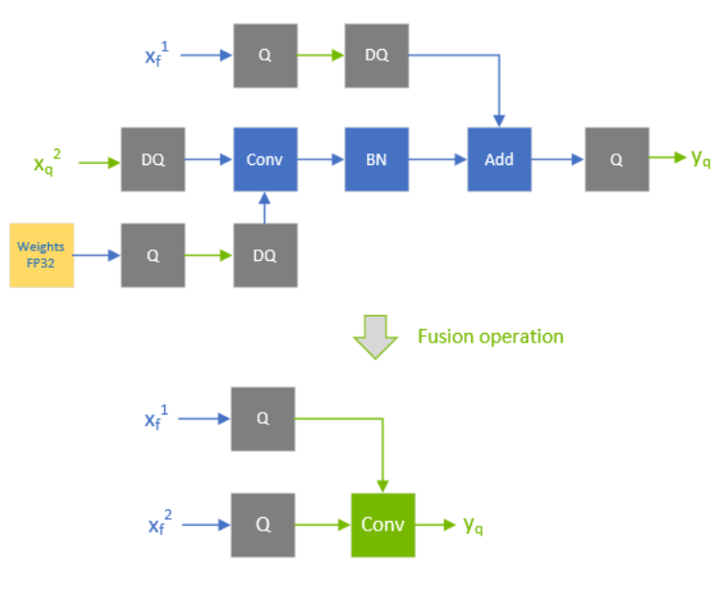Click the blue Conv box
pyautogui.click(x=265, y=159)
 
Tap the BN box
pyautogui.click(x=377, y=159)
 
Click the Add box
pyautogui.click(x=499, y=159)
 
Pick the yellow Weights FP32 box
pyautogui.click(x=41, y=254)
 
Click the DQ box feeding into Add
pyautogui.click(x=377, y=56)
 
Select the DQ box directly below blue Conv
pyautogui.click(x=265, y=255)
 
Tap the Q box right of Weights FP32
pyautogui.click(x=152, y=255)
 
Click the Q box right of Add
pyautogui.click(x=616, y=159)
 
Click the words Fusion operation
pyautogui.click(x=490, y=337)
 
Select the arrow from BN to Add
pyautogui.click(x=437, y=159)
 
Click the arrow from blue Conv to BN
pyautogui.click(x=320, y=159)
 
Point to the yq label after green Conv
pyautogui.click(x=472, y=525)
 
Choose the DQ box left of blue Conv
pyautogui.click(x=152, y=159)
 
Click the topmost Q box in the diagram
pyautogui.click(x=265, y=56)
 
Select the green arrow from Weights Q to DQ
pyautogui.click(x=208, y=255)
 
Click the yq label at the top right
pyautogui.click(x=701, y=156)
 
